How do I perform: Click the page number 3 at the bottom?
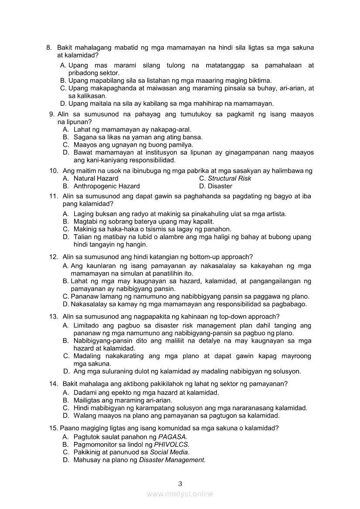tap(180, 483)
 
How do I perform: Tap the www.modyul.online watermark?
tap(180, 494)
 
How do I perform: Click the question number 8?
tap(49, 47)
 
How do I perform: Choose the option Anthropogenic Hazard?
tap(106, 186)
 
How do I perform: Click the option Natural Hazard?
tap(96, 178)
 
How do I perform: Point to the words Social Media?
tap(169, 452)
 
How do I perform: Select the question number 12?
tap(54, 256)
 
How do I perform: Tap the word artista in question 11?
tap(275, 213)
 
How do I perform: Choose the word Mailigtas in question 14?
tap(88, 400)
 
